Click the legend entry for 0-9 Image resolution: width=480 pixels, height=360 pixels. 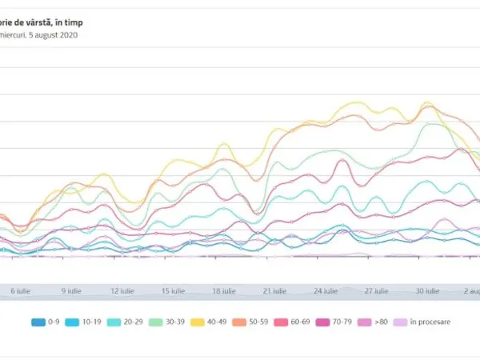(46, 322)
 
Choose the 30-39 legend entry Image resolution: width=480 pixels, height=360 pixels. (170, 322)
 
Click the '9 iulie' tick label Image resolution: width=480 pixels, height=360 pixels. (70, 291)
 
